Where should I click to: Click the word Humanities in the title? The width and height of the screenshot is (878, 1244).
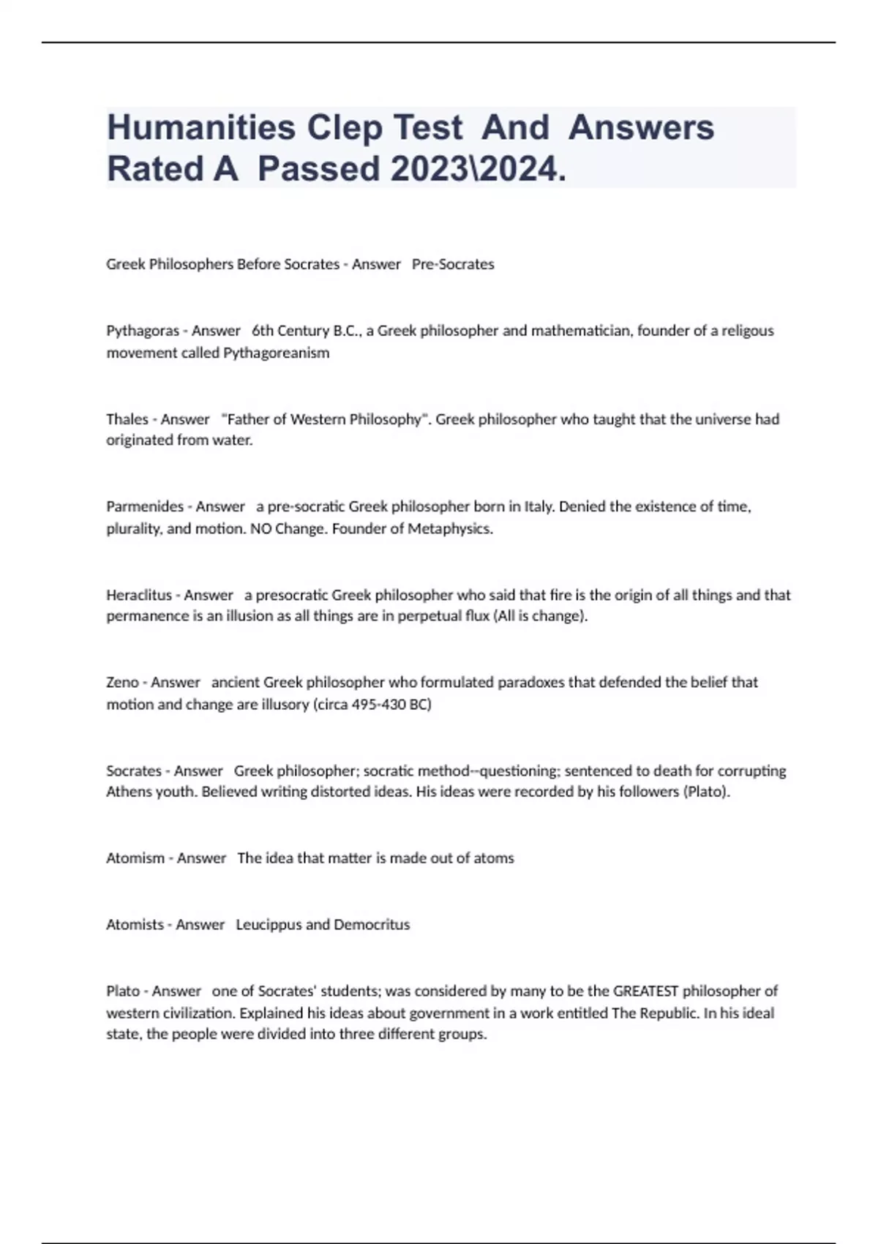tap(200, 127)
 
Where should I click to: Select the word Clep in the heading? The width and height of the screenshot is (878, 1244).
tap(344, 127)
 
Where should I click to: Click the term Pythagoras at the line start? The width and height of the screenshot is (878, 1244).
tap(143, 331)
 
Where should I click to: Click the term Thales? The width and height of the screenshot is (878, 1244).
tap(127, 419)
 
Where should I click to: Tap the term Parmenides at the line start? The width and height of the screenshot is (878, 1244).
tap(145, 506)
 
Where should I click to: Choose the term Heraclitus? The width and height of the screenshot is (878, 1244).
tap(139, 595)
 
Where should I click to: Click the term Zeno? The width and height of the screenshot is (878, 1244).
tap(122, 682)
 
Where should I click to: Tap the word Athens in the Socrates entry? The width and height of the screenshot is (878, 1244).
tap(129, 792)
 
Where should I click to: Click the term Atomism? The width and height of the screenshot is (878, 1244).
tap(135, 858)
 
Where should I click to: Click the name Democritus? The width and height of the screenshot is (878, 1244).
tap(372, 924)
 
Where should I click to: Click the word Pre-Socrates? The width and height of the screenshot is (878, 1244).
tap(453, 264)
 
